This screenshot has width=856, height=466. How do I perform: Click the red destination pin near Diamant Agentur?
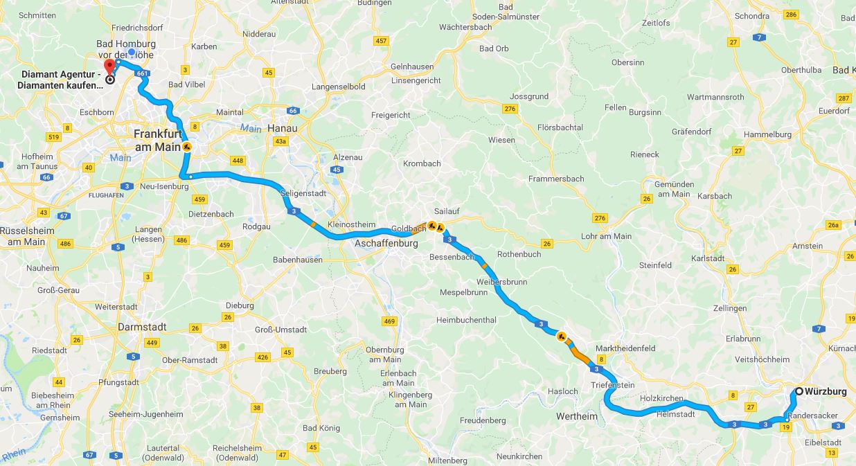click(109, 67)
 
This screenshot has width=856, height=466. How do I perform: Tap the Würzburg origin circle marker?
click(799, 391)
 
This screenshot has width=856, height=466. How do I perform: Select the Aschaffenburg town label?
click(386, 244)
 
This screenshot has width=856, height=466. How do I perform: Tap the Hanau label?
click(283, 129)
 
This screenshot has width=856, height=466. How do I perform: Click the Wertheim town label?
click(576, 416)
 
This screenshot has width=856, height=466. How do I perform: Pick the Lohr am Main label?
click(606, 236)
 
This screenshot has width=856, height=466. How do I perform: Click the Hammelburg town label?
click(767, 134)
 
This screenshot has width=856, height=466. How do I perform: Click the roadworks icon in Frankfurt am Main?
click(187, 147)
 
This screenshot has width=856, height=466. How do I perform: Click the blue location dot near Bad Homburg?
click(132, 52)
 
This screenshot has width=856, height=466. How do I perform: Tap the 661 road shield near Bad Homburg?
click(142, 73)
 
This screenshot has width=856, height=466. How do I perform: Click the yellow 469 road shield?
click(389, 321)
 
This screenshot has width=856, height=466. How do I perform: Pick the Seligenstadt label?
click(303, 194)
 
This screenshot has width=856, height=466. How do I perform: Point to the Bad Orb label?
click(494, 48)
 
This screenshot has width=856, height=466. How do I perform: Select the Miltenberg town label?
click(448, 460)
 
